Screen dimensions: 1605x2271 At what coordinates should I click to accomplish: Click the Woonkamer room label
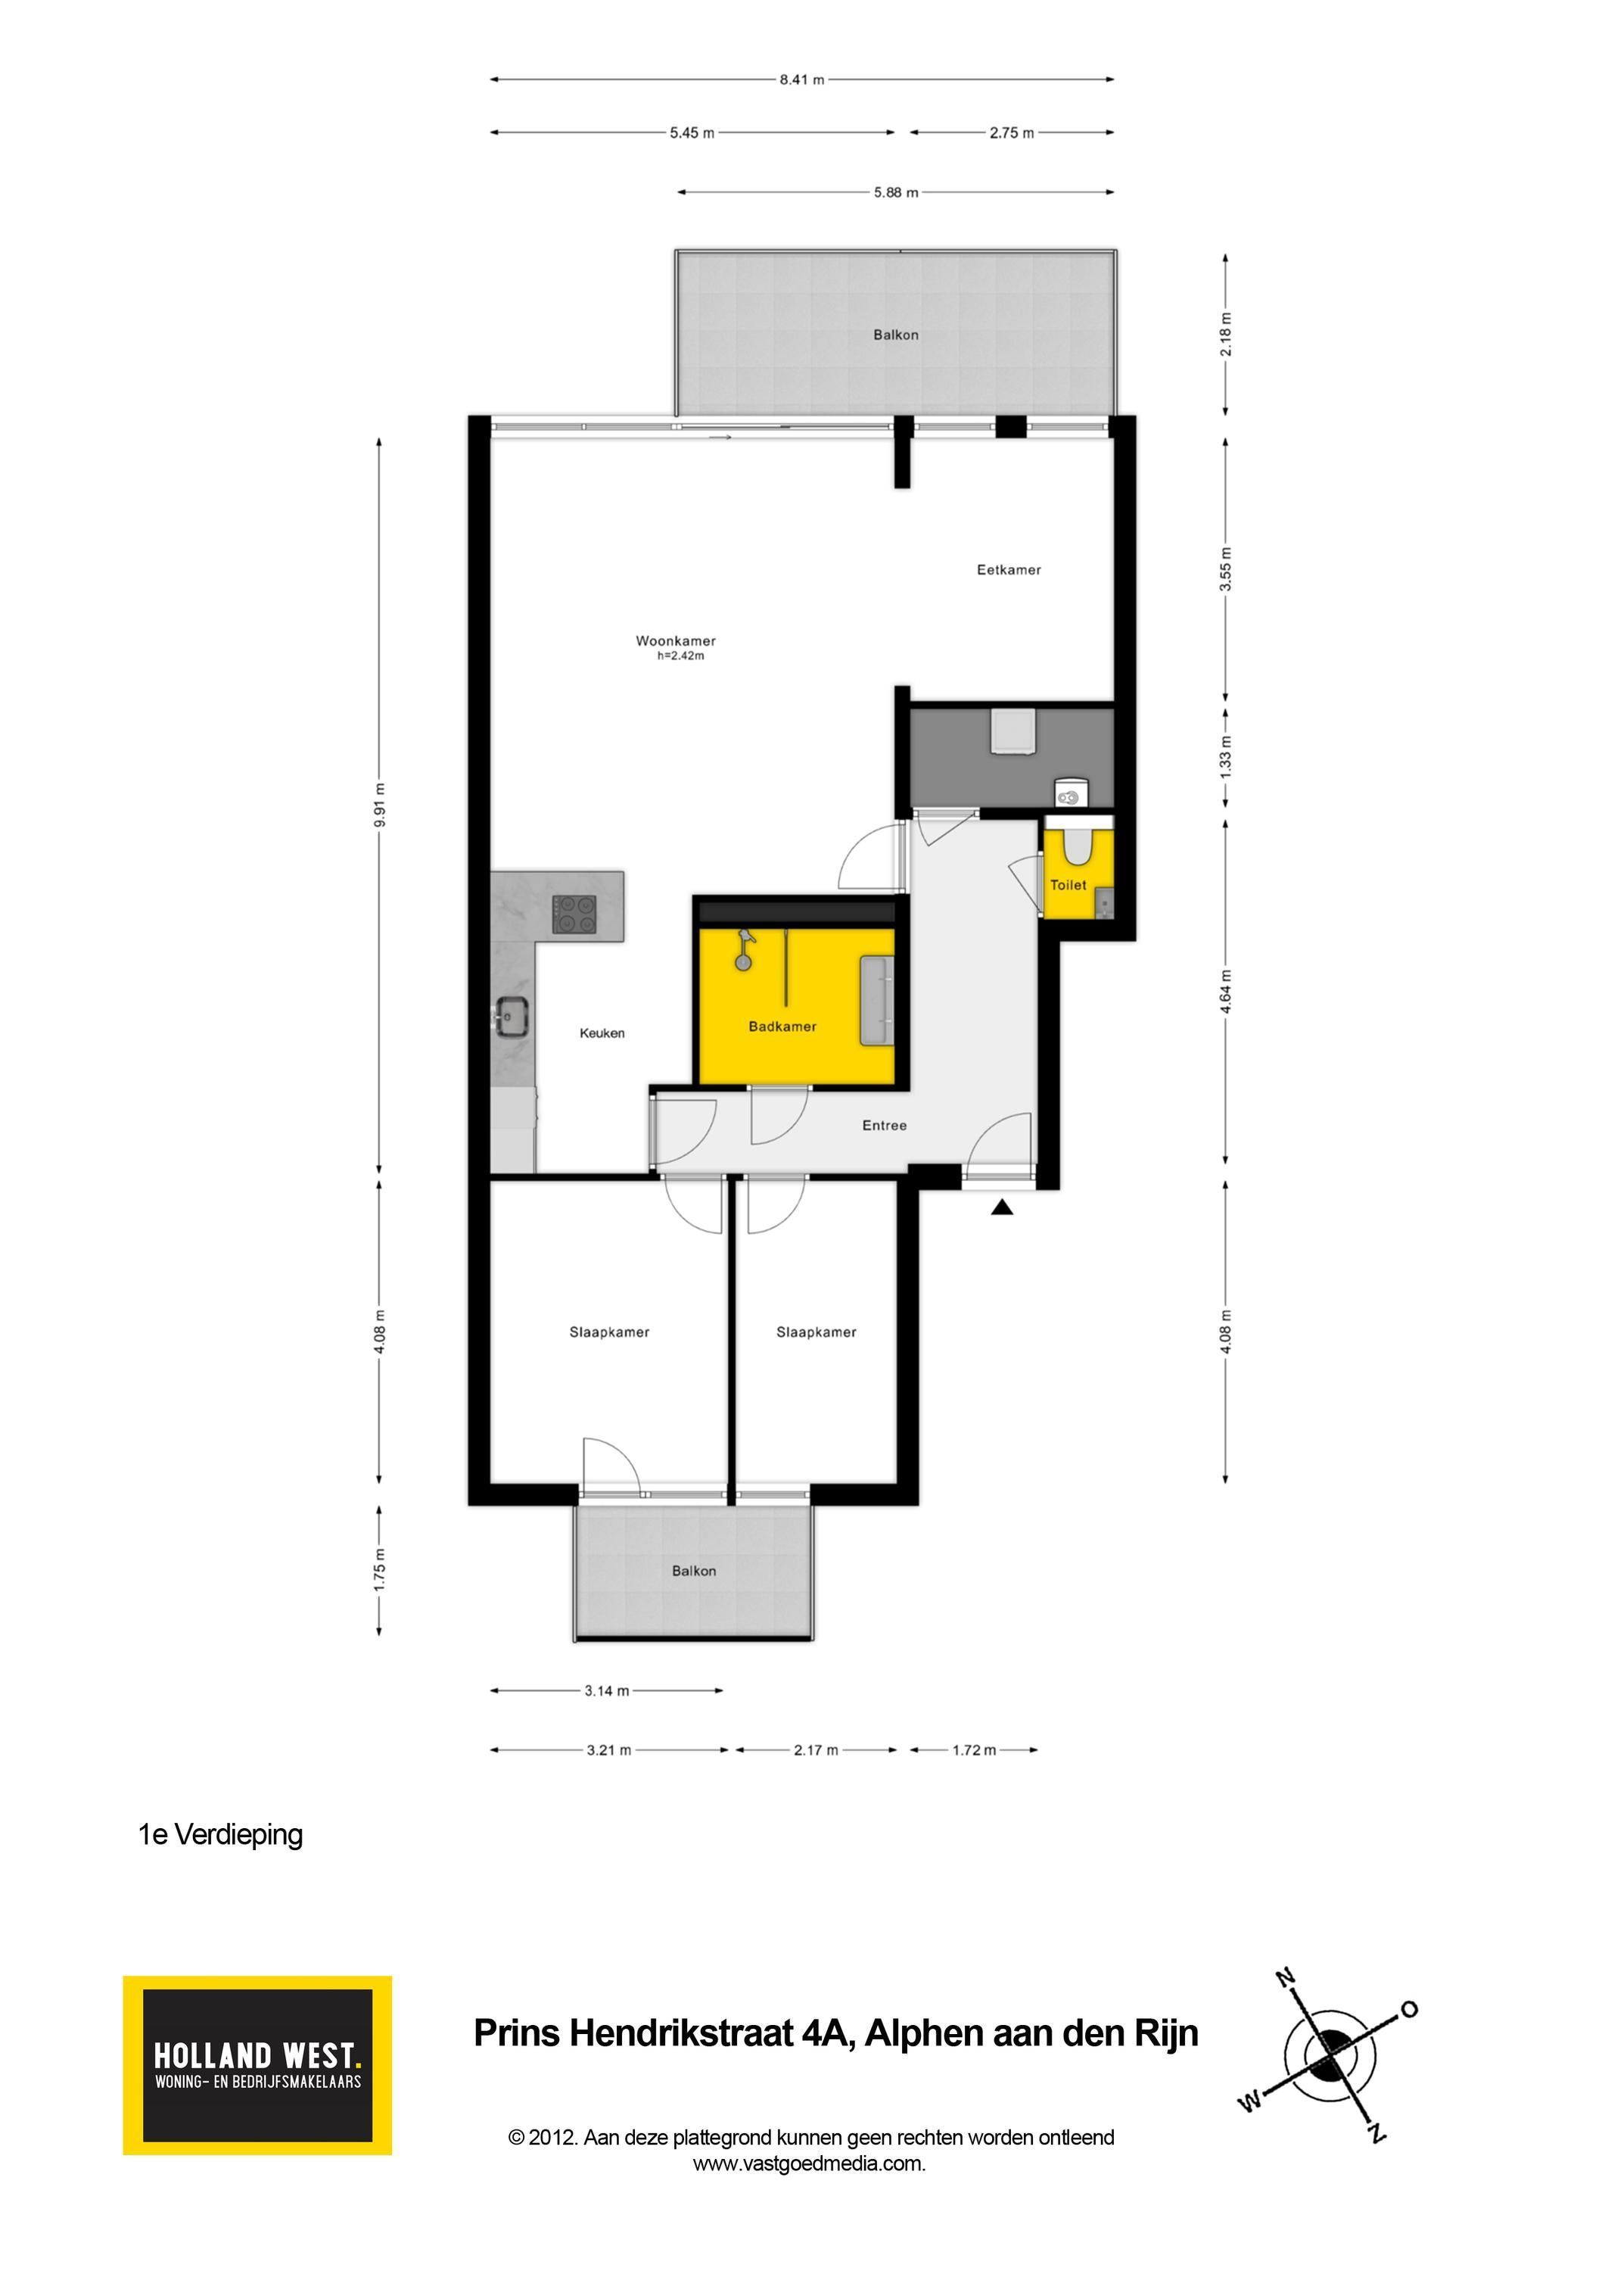[676, 641]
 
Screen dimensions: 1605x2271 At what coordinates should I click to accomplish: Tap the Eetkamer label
[1009, 570]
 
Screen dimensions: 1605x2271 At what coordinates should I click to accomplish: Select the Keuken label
[602, 1033]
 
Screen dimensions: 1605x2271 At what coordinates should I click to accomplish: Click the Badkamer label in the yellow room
[782, 1026]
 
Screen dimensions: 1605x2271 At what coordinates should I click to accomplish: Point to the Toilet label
[1068, 885]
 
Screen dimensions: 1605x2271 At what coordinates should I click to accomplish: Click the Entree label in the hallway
[884, 1126]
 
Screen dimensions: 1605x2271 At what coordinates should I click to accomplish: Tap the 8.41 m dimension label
[802, 80]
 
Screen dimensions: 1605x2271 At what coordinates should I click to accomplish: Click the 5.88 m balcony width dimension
[896, 193]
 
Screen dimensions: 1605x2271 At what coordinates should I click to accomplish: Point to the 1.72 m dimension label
[974, 1751]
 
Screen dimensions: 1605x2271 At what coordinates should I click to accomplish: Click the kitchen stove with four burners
[574, 914]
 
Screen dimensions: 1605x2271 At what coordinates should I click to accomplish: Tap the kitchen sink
[512, 1017]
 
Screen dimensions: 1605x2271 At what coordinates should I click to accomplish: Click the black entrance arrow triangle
[1002, 1207]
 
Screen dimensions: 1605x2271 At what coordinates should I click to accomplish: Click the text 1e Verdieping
[220, 1835]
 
